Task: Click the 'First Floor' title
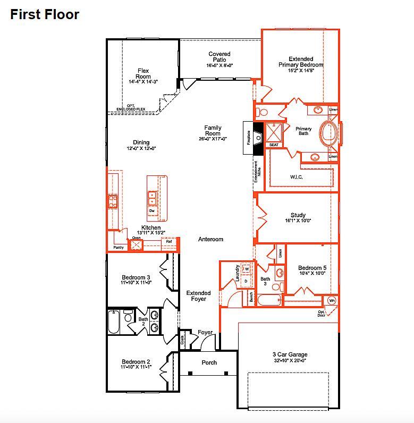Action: click(45, 14)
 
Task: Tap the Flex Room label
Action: click(143, 74)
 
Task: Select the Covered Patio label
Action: click(219, 57)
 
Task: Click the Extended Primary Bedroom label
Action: click(301, 62)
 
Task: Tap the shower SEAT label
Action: click(274, 145)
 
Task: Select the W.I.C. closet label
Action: click(297, 177)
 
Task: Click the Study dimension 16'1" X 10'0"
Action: click(298, 221)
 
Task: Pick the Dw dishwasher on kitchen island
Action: click(152, 211)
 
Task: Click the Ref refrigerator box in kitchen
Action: click(169, 242)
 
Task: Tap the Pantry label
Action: click(118, 248)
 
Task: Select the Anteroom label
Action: click(210, 239)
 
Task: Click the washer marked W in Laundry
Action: click(247, 269)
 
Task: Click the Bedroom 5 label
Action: click(312, 268)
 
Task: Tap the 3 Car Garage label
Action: click(289, 354)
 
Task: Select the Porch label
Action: click(209, 363)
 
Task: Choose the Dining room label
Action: click(141, 142)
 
